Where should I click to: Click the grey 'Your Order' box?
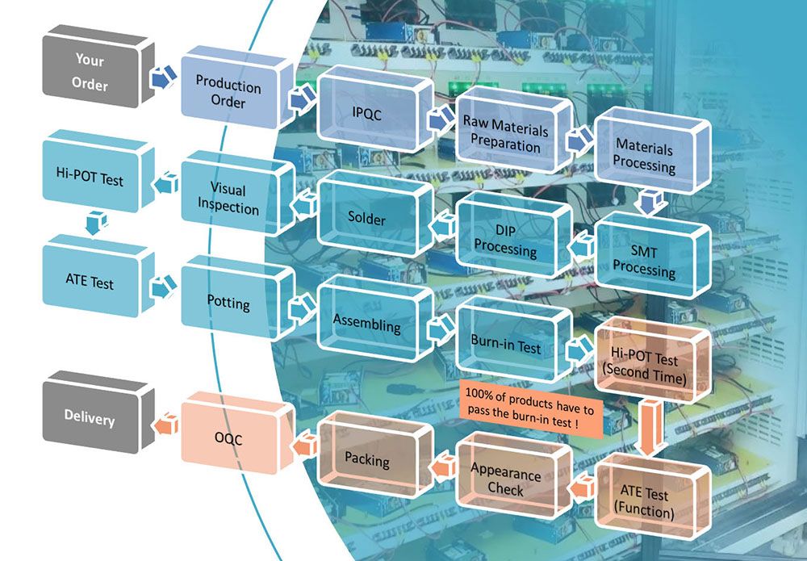click(x=91, y=71)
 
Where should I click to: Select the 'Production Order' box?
click(x=228, y=94)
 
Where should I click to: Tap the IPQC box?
click(x=367, y=115)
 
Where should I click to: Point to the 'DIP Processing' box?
click(x=505, y=240)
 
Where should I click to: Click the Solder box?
click(x=367, y=219)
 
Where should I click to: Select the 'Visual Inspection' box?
click(x=228, y=199)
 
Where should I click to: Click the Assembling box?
click(x=367, y=324)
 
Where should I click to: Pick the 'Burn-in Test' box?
click(x=505, y=345)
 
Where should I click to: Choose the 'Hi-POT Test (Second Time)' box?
click(x=644, y=367)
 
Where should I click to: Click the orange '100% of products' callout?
click(x=531, y=411)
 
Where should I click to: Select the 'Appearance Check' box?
click(x=505, y=479)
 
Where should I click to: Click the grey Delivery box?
click(x=90, y=418)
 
